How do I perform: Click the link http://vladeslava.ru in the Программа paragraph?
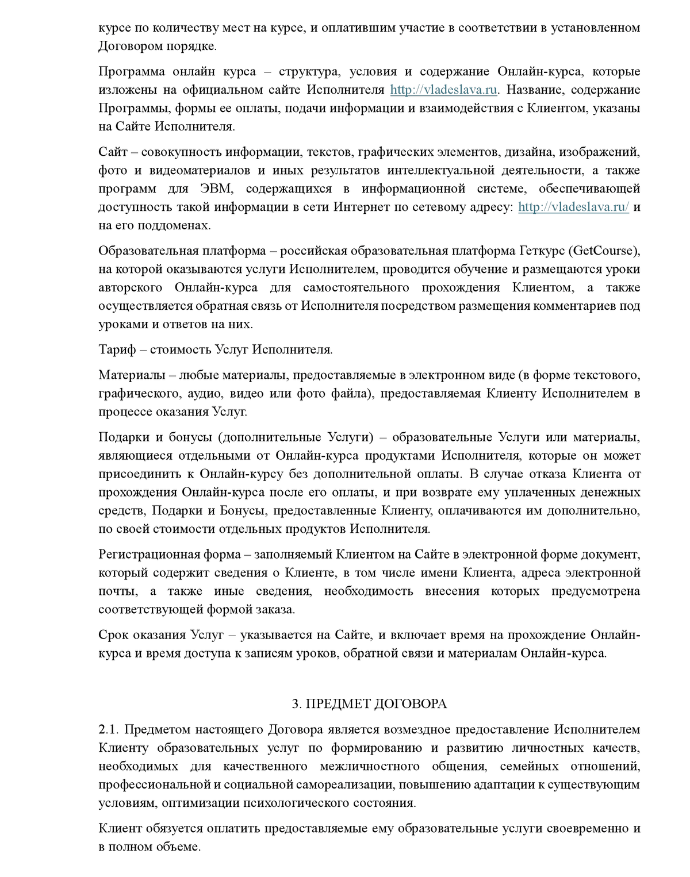tap(443, 90)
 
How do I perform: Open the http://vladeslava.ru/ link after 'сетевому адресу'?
tap(573, 207)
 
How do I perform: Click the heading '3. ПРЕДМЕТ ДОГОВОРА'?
tap(369, 704)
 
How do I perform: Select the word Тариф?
tap(117, 349)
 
